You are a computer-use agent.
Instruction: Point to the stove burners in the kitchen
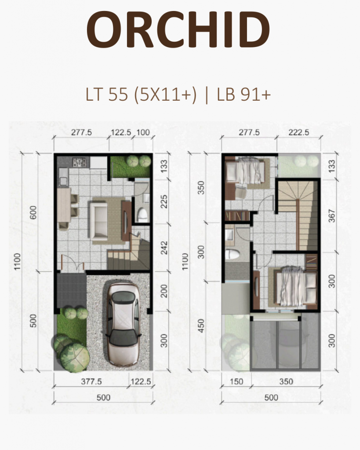click(81, 163)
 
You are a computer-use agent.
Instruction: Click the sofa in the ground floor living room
click(99, 219)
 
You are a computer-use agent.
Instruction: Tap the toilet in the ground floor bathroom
click(142, 214)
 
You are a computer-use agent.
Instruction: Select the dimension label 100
click(143, 132)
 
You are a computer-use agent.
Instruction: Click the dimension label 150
click(237, 382)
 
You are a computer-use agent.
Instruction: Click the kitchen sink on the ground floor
click(62, 179)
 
